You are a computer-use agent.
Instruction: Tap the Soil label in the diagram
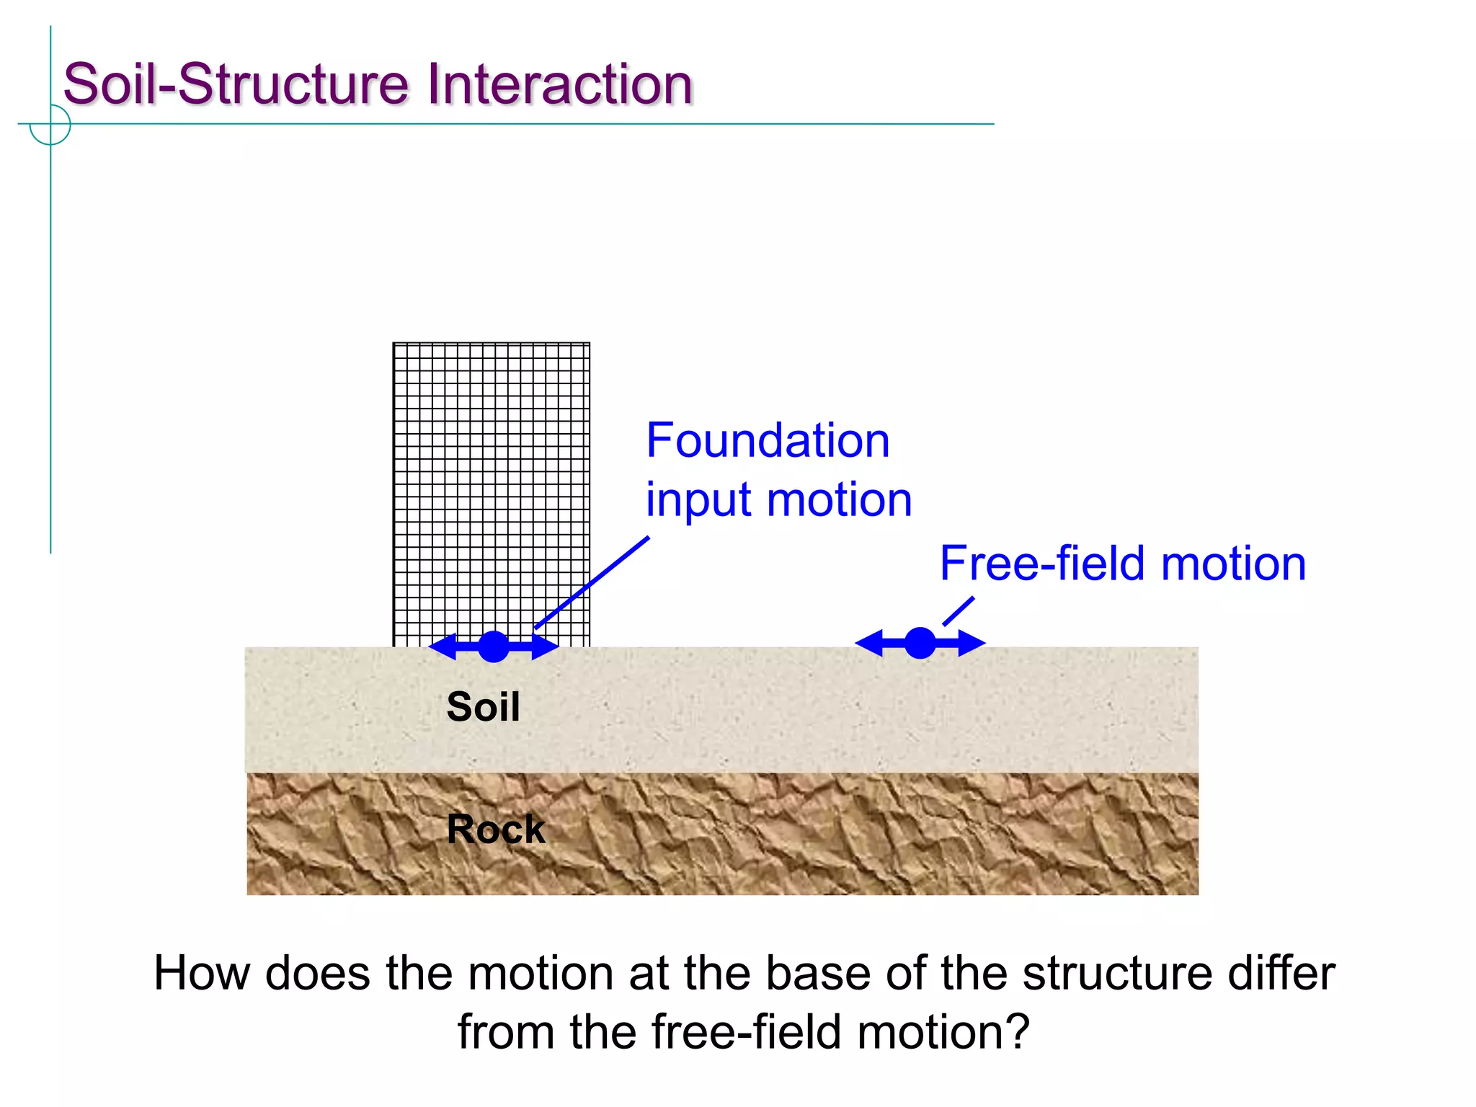click(483, 706)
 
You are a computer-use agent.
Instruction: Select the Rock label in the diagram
click(496, 829)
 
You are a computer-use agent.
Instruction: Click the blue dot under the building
click(494, 646)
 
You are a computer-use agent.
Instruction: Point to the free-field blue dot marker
click(920, 643)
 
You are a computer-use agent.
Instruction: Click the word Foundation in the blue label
click(768, 440)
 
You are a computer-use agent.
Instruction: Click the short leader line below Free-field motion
click(959, 611)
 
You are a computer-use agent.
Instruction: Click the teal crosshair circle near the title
click(50, 125)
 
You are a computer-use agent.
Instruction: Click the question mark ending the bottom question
click(1016, 1032)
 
